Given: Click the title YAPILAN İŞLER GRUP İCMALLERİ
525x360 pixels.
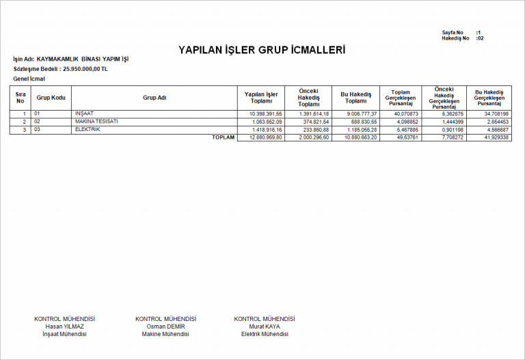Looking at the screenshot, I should pos(262,51).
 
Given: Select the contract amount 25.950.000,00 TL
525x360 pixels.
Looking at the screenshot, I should pos(85,69).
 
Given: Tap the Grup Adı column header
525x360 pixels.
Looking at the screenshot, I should pos(154,98).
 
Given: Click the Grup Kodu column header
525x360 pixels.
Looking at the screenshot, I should pos(51,98).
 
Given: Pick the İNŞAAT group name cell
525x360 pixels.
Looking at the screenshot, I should pos(84,113).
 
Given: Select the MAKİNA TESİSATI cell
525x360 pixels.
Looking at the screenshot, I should pos(96,122).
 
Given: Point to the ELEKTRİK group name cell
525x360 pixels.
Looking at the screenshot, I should pos(87,129).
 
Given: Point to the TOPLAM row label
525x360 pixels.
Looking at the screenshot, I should pos(223,137).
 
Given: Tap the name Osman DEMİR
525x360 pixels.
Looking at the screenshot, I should pos(165,327).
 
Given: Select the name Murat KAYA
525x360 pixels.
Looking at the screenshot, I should pos(265,327).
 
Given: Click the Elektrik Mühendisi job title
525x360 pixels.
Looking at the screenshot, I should pos(265,334).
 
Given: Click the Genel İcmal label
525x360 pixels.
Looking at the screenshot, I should pos(29,79).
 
